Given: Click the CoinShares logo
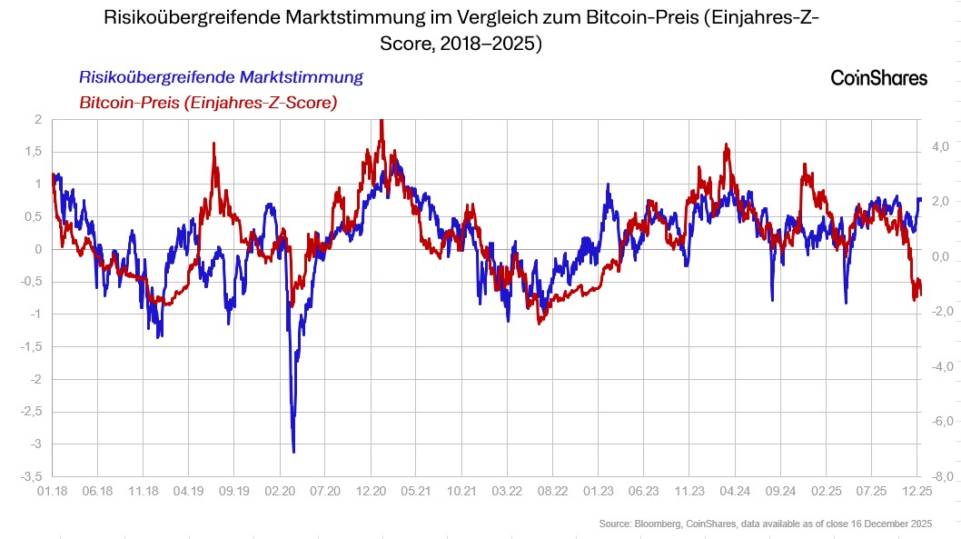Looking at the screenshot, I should pos(878,78).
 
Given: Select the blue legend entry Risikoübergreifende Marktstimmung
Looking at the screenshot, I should pos(221,77).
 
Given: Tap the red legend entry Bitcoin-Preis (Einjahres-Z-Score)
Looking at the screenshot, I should pos(208,103).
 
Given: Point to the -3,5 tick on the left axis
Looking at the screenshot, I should pos(30,476).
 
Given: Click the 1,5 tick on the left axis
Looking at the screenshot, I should pos(32,151).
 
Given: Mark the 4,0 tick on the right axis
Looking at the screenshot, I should pos(940,146).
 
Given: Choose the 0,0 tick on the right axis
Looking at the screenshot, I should pos(940,256).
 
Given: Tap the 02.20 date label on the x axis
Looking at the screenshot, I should pos(280,491).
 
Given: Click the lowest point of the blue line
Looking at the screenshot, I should pos(293,451).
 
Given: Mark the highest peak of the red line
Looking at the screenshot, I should pos(381,121).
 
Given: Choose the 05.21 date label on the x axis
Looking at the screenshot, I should pos(417,491).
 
